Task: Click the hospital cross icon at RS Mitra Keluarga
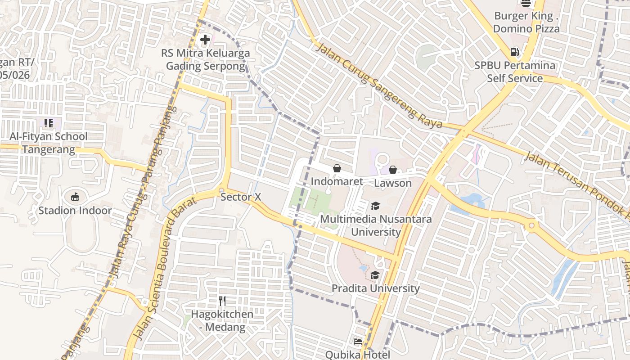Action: (x=205, y=40)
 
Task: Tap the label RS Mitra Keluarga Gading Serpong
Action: (x=205, y=60)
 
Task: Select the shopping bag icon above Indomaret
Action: (x=337, y=168)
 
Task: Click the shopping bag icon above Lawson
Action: (x=393, y=170)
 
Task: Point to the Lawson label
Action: (x=393, y=183)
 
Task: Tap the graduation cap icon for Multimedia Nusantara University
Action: (x=375, y=206)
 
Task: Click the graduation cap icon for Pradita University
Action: (x=375, y=275)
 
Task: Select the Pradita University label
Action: (x=376, y=288)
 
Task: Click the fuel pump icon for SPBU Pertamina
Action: (x=515, y=52)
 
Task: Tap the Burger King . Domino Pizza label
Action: (x=526, y=22)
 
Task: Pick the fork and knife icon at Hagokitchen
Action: (x=222, y=301)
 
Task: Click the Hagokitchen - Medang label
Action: (x=222, y=320)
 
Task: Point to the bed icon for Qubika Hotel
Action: (x=358, y=342)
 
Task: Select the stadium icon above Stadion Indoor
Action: (x=75, y=197)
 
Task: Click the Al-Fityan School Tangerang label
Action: (x=49, y=143)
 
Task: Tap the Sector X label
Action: (x=241, y=197)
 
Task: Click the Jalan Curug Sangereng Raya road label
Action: (x=379, y=85)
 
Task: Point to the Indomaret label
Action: (x=337, y=182)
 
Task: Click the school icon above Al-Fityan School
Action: (x=49, y=123)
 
